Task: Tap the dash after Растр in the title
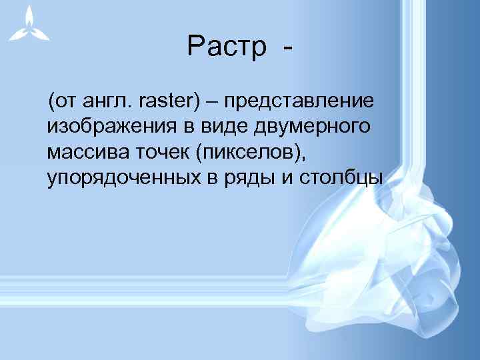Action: coord(287,49)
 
